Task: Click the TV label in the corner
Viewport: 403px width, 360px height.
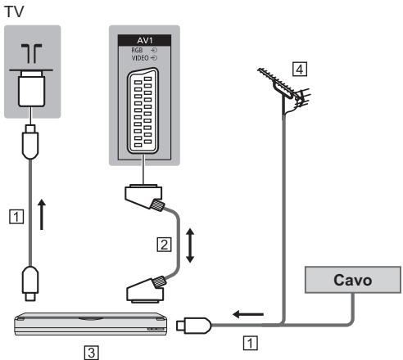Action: point(15,11)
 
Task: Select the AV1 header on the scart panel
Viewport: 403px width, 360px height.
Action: point(144,40)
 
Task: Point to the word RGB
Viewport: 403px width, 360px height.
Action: point(137,50)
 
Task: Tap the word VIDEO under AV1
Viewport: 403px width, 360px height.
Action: point(140,58)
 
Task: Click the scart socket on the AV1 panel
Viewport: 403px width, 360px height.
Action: point(143,111)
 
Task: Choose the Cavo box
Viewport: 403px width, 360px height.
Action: point(353,280)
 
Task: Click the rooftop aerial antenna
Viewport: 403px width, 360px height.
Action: point(285,90)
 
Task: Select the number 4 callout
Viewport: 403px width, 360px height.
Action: point(300,70)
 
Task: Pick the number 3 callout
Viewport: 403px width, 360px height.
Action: point(92,353)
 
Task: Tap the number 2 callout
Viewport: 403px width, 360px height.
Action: point(165,245)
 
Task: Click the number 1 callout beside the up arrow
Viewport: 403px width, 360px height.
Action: point(16,217)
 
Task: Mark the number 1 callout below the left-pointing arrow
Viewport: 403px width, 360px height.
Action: point(250,343)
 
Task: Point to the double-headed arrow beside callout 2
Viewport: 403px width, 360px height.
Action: point(190,245)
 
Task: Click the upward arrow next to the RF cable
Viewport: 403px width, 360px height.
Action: point(42,214)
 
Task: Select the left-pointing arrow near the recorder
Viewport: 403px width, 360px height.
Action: point(248,314)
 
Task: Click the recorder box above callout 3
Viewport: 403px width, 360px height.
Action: point(90,324)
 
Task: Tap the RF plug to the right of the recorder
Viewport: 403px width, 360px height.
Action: point(194,325)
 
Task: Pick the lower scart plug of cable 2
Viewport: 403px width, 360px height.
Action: point(146,290)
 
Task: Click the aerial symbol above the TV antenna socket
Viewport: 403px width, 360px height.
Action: point(31,53)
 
